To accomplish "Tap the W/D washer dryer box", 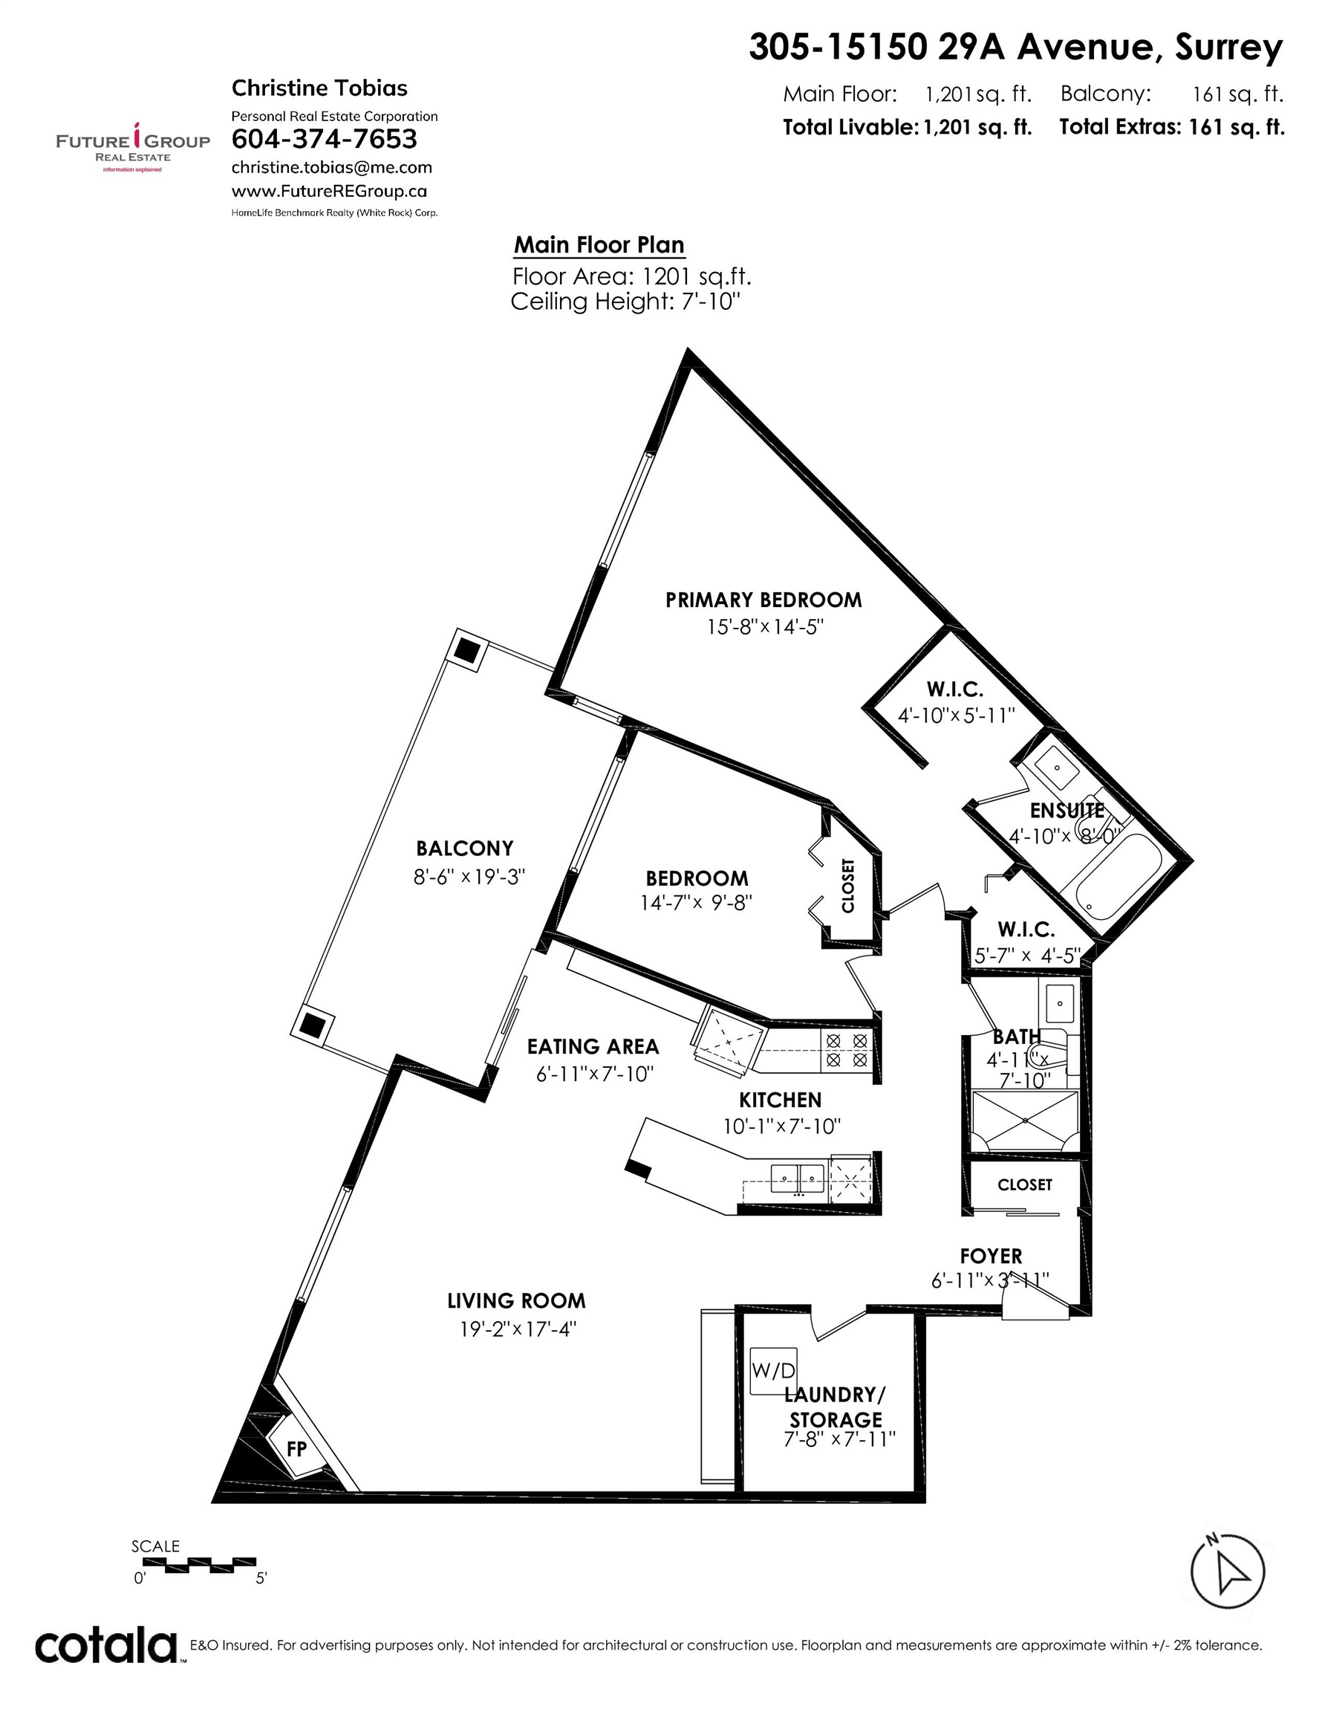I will tap(773, 1370).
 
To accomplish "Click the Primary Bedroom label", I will tap(763, 600).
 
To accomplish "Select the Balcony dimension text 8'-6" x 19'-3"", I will tap(469, 876).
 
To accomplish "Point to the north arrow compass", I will tap(1228, 1572).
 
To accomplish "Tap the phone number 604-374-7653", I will tap(325, 139).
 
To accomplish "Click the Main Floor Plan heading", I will tap(599, 245).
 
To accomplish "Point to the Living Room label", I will tap(516, 1301).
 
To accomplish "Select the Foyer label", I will tap(991, 1256).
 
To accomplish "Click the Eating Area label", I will tap(593, 1046).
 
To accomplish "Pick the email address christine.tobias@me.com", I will tap(331, 167).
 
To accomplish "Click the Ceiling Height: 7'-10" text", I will tap(625, 302).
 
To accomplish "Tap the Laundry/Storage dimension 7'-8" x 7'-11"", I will tap(839, 1439).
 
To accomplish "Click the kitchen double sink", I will tap(798, 1176).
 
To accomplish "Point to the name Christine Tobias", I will tap(319, 88).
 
